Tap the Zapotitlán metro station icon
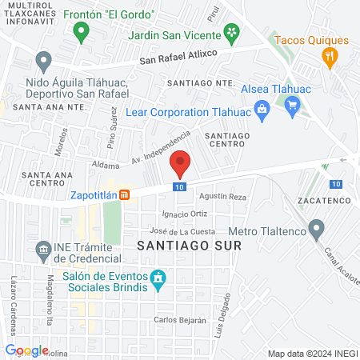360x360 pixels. pyautogui.click(x=125, y=194)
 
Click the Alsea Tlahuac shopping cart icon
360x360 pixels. pyautogui.click(x=292, y=103)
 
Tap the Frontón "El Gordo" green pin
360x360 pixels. pyautogui.click(x=79, y=32)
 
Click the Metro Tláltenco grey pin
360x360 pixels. pyautogui.click(x=318, y=230)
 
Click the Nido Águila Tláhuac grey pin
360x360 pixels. pyautogui.click(x=44, y=59)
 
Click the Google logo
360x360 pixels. pyautogui.click(x=26, y=350)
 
